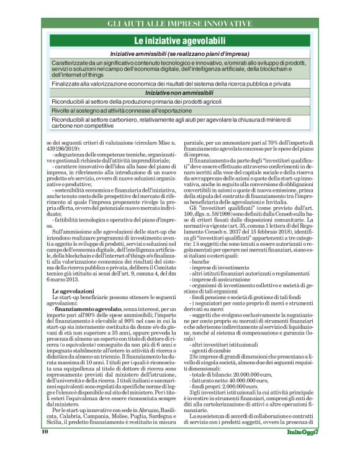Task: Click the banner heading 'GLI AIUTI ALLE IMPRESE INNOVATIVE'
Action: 179,24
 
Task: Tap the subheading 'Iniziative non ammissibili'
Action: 179,92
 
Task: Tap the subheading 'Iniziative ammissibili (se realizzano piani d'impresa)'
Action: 179,54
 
